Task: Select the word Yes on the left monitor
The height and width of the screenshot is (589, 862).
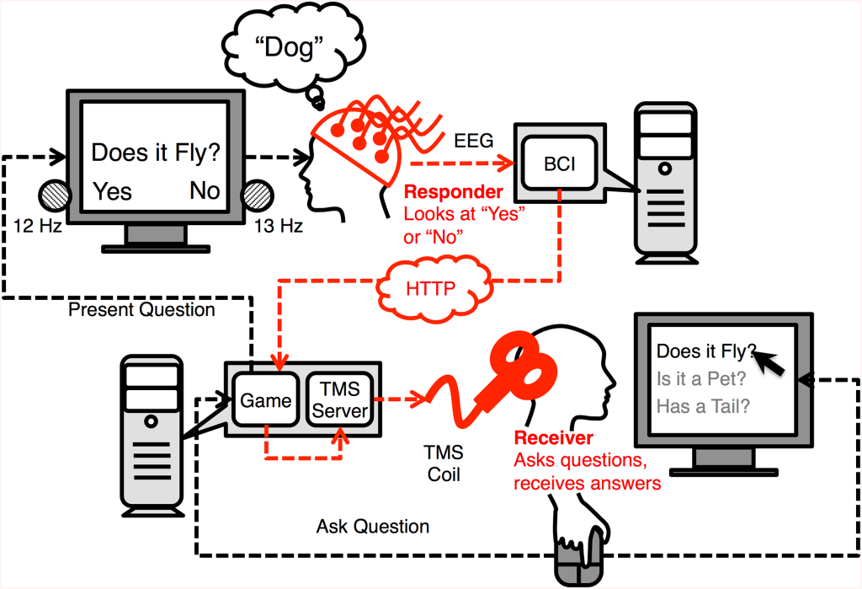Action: click(x=112, y=190)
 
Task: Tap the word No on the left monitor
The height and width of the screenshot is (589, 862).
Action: click(x=205, y=190)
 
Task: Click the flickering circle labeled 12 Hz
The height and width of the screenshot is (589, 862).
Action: click(x=56, y=197)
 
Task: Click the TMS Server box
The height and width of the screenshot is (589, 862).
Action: click(x=340, y=399)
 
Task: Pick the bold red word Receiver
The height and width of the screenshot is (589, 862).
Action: click(x=553, y=437)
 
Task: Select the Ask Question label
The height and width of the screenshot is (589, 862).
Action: click(x=372, y=527)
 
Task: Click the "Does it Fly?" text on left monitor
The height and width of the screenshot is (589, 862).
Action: click(x=156, y=153)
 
